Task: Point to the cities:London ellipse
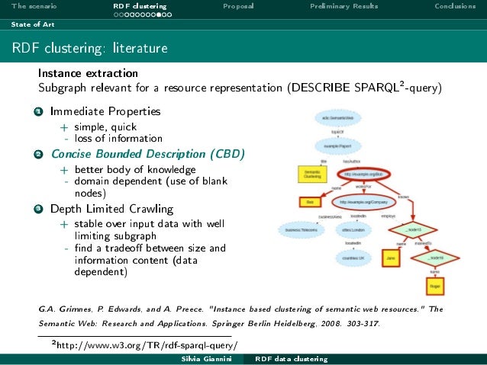[x=353, y=229]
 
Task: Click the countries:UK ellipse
[x=352, y=258]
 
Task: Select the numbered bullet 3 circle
[x=37, y=209]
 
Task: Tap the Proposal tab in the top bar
[x=238, y=7]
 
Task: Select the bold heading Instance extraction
[x=88, y=74]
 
